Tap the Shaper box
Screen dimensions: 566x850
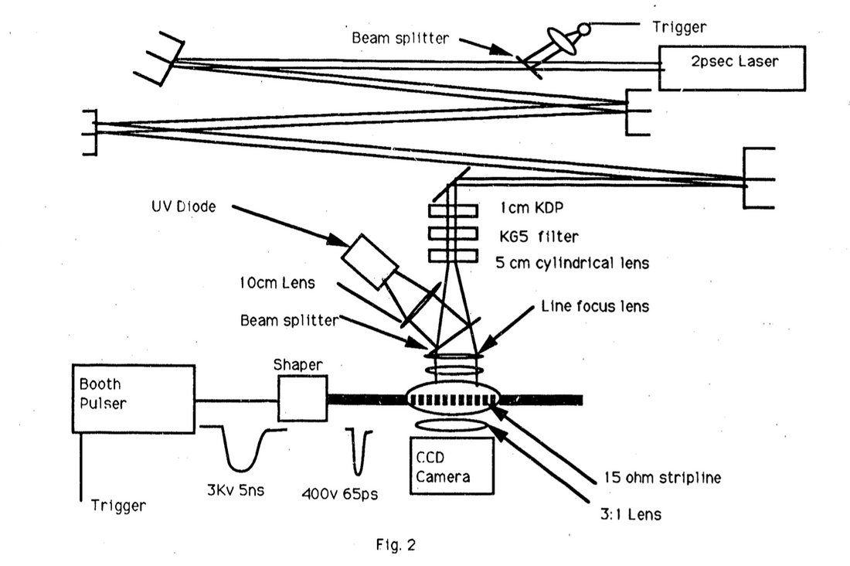(302, 398)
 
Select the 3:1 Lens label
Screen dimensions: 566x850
(633, 513)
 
